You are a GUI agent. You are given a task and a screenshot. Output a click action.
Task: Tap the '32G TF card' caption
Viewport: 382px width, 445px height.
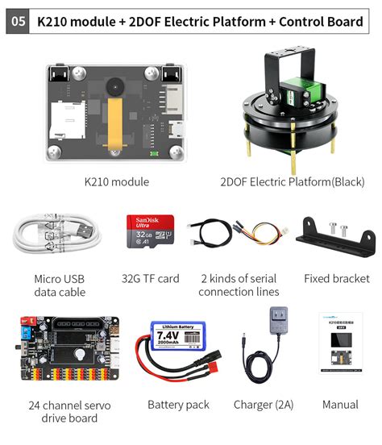[x=150, y=278]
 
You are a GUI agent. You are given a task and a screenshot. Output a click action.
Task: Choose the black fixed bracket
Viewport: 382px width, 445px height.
[x=337, y=239]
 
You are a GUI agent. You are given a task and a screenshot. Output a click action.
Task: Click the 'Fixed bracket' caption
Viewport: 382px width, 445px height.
[x=337, y=278]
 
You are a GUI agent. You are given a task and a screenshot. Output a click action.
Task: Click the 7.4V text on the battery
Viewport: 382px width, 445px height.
[x=167, y=332]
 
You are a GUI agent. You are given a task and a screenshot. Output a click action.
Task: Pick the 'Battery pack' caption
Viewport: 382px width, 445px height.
[x=178, y=405]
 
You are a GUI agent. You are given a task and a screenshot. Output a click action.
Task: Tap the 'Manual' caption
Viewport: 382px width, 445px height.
[x=340, y=405]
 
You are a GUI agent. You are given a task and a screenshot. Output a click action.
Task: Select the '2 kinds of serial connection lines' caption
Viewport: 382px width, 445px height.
[x=239, y=285]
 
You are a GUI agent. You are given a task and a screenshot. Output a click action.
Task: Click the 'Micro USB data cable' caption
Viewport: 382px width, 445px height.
[x=60, y=285]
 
